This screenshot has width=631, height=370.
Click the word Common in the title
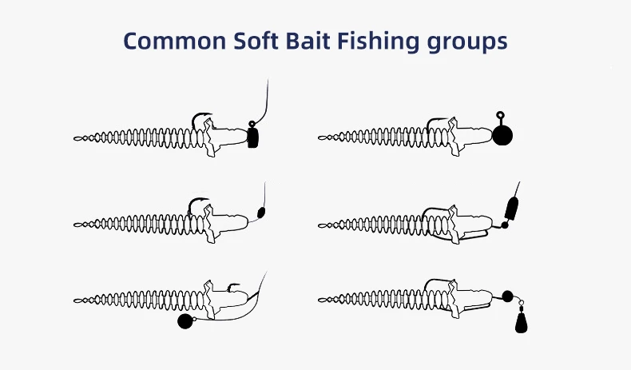point(175,41)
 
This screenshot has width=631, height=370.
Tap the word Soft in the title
point(256,40)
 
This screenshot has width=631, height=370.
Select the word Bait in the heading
point(308,40)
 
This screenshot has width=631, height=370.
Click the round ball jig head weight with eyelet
point(502,135)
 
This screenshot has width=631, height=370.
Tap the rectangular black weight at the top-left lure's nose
point(252,138)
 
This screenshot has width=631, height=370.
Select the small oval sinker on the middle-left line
point(260,213)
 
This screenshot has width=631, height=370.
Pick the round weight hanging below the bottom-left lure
point(185,321)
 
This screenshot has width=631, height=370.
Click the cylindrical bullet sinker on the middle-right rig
point(511,209)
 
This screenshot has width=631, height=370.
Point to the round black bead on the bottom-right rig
point(507,296)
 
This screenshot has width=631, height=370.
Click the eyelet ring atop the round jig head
point(500,116)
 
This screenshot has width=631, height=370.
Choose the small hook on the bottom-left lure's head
point(233,286)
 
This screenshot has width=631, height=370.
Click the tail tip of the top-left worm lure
point(74,138)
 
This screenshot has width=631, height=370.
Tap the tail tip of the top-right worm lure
point(319,138)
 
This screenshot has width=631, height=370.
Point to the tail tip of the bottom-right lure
point(319,300)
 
